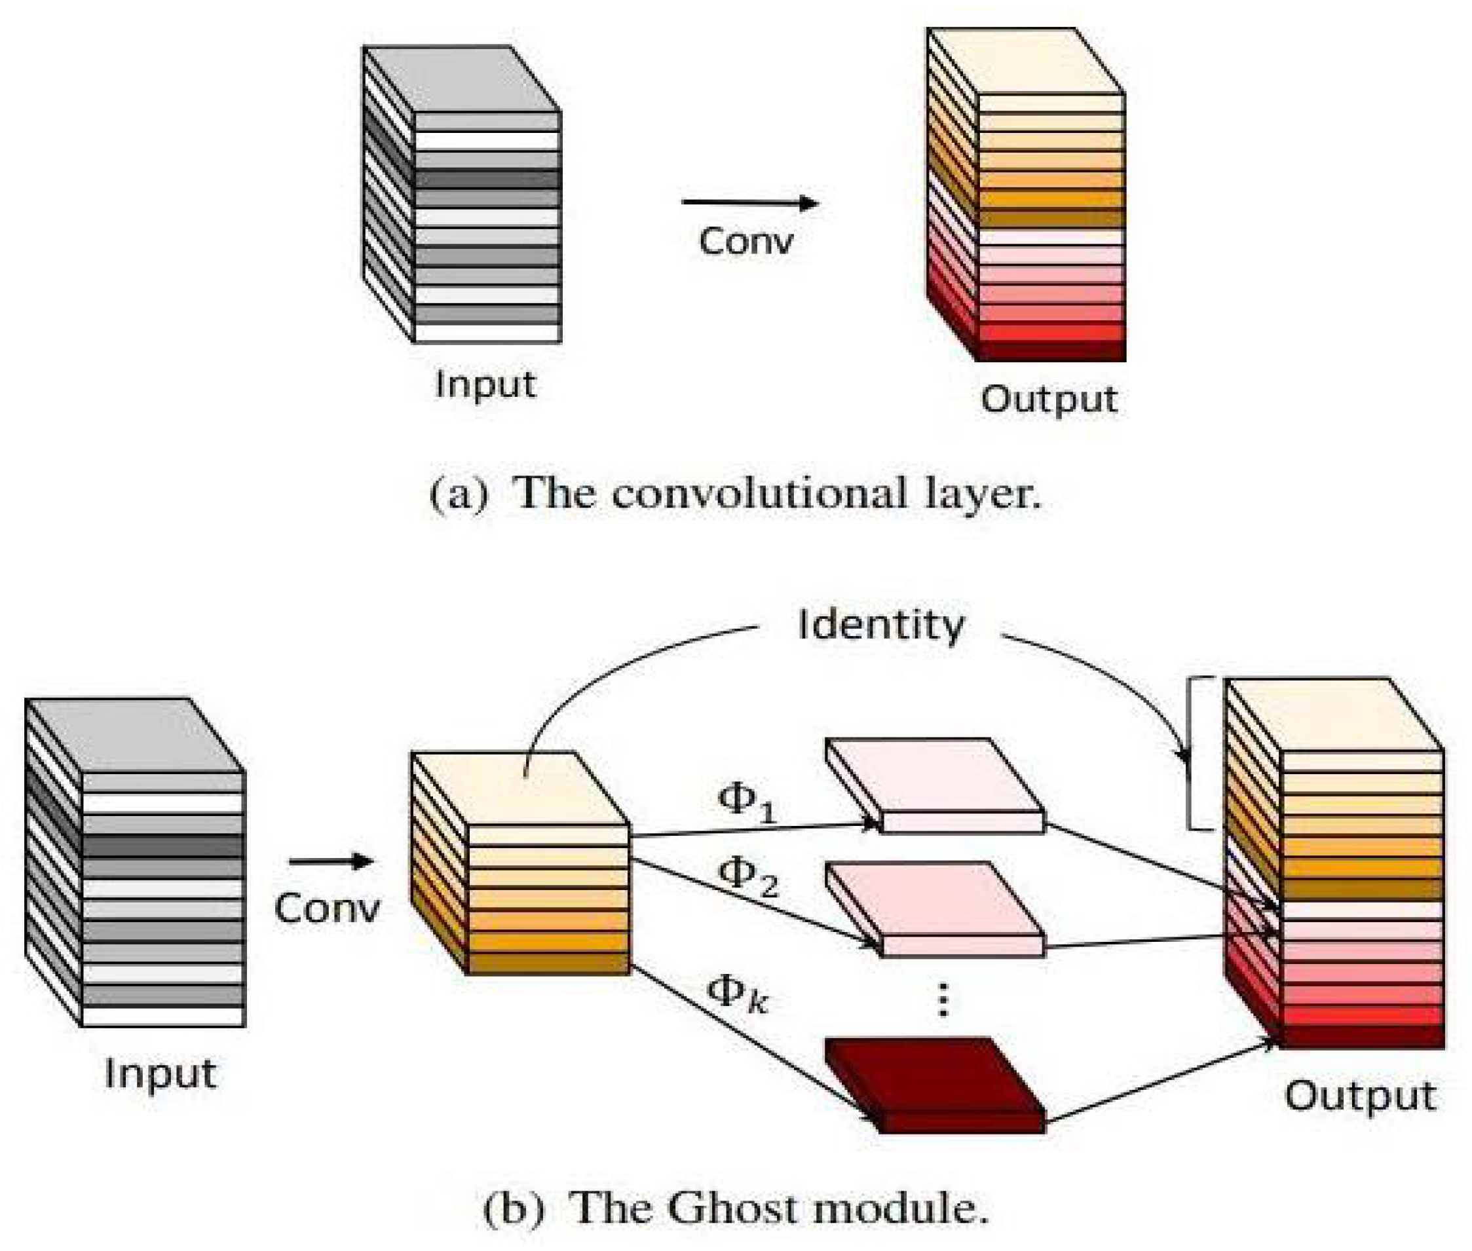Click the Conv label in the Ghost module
coord(327,908)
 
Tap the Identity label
coord(880,625)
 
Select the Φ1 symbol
coord(746,803)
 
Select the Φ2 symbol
coord(747,877)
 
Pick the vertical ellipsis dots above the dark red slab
coord(943,1000)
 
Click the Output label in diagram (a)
coord(1049,400)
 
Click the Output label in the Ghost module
coord(1360,1096)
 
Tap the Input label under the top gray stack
coord(485,385)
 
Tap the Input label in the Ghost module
coord(160,1073)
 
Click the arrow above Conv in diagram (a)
coord(749,203)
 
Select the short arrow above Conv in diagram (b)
coord(331,862)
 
